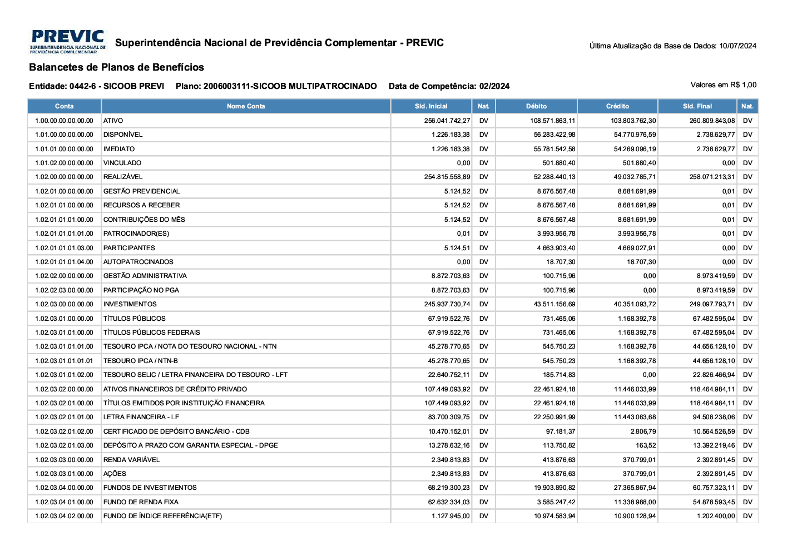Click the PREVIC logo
coord(68,42)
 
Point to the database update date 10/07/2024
coord(737,46)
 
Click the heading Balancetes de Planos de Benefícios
coord(116,67)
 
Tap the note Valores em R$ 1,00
coord(723,85)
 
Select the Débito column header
coord(536,106)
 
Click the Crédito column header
coord(617,106)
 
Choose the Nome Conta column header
coord(246,106)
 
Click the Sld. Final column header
coord(697,106)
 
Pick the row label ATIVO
coord(113,121)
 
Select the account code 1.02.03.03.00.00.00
coord(64,460)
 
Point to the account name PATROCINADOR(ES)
coord(136,234)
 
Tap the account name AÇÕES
coord(115,474)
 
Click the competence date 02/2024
coord(494,86)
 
